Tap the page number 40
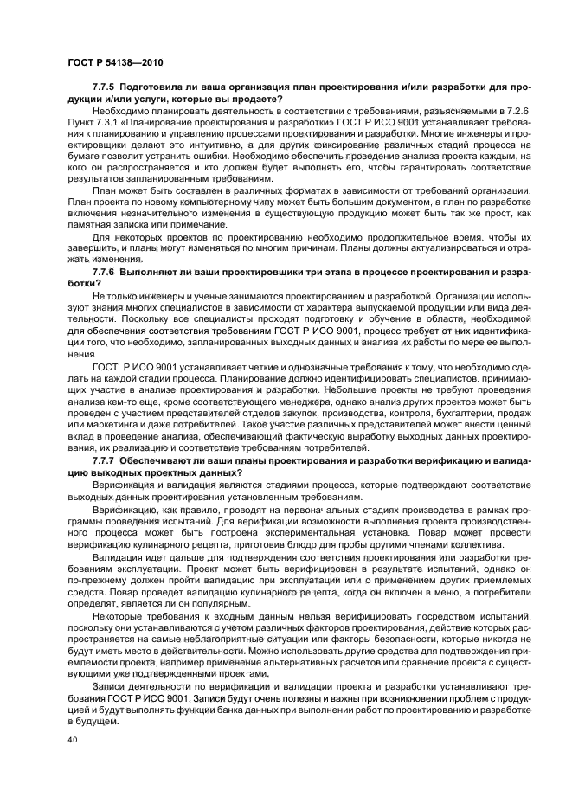point(73,740)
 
